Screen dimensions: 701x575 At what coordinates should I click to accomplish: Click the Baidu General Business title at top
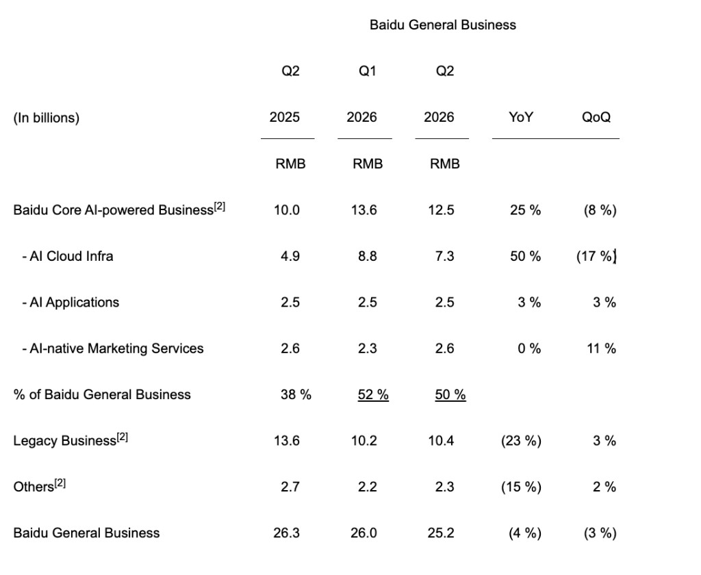click(443, 25)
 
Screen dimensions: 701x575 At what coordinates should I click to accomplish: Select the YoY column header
click(521, 117)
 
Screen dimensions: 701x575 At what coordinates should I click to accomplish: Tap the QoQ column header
click(596, 117)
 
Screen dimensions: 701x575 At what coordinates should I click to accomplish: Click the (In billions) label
click(47, 118)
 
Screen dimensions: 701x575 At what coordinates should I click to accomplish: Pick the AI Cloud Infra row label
click(68, 256)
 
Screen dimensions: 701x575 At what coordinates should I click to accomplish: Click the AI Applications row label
click(71, 303)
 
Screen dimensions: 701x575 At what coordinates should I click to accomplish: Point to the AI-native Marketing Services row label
click(113, 348)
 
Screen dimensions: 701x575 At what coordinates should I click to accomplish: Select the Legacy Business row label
click(71, 440)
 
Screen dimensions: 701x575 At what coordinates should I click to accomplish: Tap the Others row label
click(39, 486)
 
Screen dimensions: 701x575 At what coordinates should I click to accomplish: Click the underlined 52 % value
click(373, 395)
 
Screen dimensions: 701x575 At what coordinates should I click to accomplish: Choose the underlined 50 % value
click(450, 395)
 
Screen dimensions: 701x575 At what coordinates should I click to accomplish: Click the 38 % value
click(296, 394)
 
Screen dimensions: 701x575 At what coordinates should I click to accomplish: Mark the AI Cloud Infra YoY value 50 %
click(525, 256)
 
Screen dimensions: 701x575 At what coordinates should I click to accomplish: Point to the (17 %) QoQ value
click(596, 256)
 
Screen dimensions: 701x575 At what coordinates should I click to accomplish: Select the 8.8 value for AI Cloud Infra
click(368, 256)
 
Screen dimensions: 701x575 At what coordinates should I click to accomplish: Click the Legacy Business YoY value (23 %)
click(521, 441)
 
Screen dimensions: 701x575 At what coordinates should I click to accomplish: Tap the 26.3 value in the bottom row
click(287, 533)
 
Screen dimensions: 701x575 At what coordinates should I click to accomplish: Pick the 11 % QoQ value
click(601, 348)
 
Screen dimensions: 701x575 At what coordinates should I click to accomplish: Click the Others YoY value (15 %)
click(521, 487)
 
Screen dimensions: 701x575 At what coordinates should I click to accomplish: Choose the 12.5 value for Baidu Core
click(442, 210)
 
